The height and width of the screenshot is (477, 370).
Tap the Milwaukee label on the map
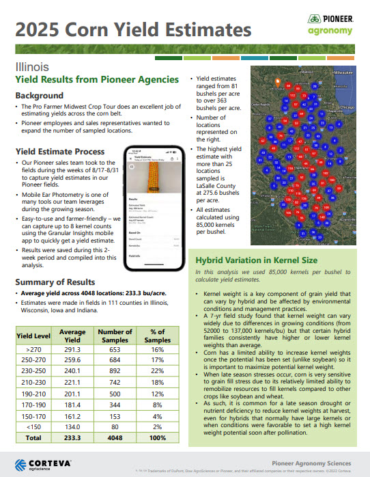[339, 71]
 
